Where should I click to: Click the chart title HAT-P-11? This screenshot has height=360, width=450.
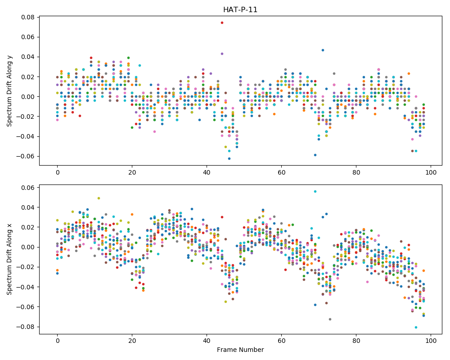click(240, 10)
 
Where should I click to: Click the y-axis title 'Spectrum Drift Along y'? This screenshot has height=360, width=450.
click(9, 91)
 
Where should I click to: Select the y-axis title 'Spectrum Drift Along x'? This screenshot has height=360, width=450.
click(9, 259)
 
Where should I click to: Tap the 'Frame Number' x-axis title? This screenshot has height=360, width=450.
click(240, 350)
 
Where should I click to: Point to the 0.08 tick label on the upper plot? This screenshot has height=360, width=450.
click(28, 17)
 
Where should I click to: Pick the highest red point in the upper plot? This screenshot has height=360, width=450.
click(222, 22)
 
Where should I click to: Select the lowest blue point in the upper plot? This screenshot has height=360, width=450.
click(229, 158)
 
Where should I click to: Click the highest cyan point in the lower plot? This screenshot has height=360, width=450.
click(315, 192)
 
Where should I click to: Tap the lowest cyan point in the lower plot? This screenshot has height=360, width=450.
click(416, 327)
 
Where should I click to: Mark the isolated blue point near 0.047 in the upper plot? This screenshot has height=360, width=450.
click(323, 50)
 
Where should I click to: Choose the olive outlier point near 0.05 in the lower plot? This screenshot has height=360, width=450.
click(99, 198)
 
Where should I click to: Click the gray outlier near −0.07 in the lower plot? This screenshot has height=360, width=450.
click(330, 319)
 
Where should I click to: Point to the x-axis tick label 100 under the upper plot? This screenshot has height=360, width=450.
click(431, 172)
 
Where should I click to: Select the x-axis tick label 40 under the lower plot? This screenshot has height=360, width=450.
click(207, 341)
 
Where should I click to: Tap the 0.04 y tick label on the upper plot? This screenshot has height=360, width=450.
click(28, 57)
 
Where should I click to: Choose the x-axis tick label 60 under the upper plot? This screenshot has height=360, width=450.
click(282, 172)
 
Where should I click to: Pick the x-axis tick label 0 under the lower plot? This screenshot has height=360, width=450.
click(58, 341)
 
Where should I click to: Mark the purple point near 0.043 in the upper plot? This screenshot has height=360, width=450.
click(222, 54)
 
